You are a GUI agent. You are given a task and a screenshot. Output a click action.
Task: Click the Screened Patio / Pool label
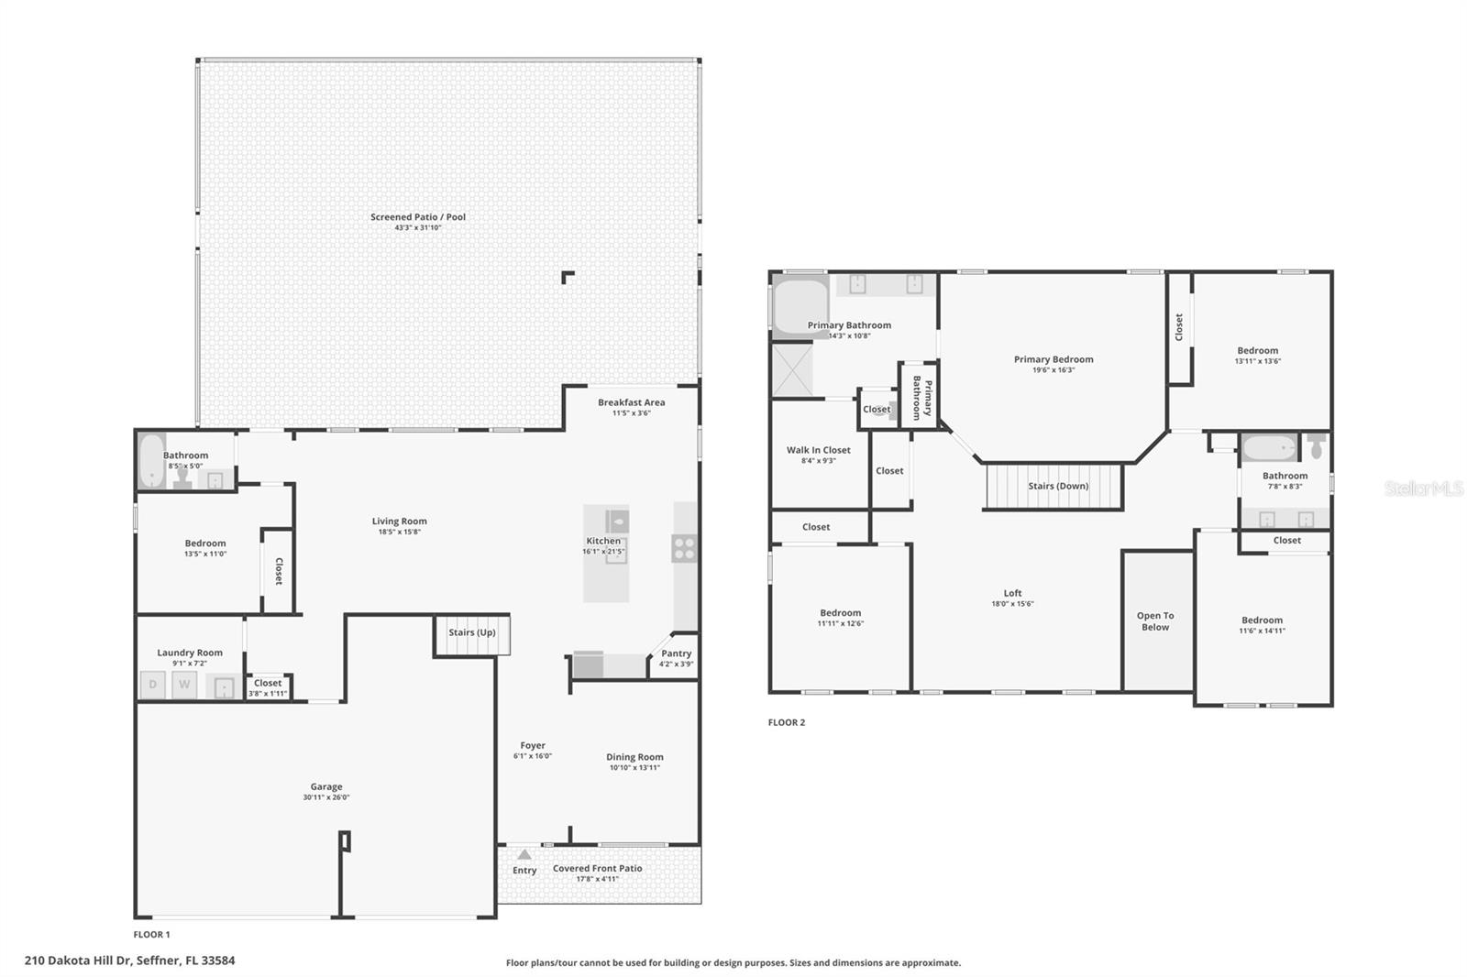pos(418,217)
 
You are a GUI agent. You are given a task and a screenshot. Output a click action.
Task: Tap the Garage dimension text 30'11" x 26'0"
pos(326,797)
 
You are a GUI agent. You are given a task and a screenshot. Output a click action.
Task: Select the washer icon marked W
pos(184,685)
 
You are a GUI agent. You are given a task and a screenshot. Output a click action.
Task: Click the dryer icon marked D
pos(152,685)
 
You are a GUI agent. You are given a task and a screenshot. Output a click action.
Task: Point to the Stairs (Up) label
pos(472,632)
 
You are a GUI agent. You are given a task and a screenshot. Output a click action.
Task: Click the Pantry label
pos(677,653)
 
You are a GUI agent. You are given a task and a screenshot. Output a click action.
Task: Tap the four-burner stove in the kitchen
pos(684,548)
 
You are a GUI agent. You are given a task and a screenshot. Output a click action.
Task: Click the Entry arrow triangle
pos(524,854)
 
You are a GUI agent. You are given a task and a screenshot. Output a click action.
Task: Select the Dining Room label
pos(634,757)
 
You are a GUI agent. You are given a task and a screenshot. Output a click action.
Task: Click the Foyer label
pos(533,745)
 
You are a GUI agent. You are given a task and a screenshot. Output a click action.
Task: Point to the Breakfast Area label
pos(631,402)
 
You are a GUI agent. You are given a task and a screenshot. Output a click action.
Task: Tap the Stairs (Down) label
pos(1058,486)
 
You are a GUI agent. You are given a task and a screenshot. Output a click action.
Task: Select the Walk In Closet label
pos(819,450)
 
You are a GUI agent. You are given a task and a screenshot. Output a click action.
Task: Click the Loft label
pos(1012,593)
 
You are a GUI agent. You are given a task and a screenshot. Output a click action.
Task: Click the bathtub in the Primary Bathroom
pos(800,305)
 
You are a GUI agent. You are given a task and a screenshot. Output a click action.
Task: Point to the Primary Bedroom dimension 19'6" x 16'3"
pos(1053,370)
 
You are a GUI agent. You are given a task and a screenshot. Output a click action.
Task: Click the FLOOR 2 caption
pos(787,722)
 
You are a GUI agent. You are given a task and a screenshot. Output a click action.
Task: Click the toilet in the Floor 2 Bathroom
pos(1317,446)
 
